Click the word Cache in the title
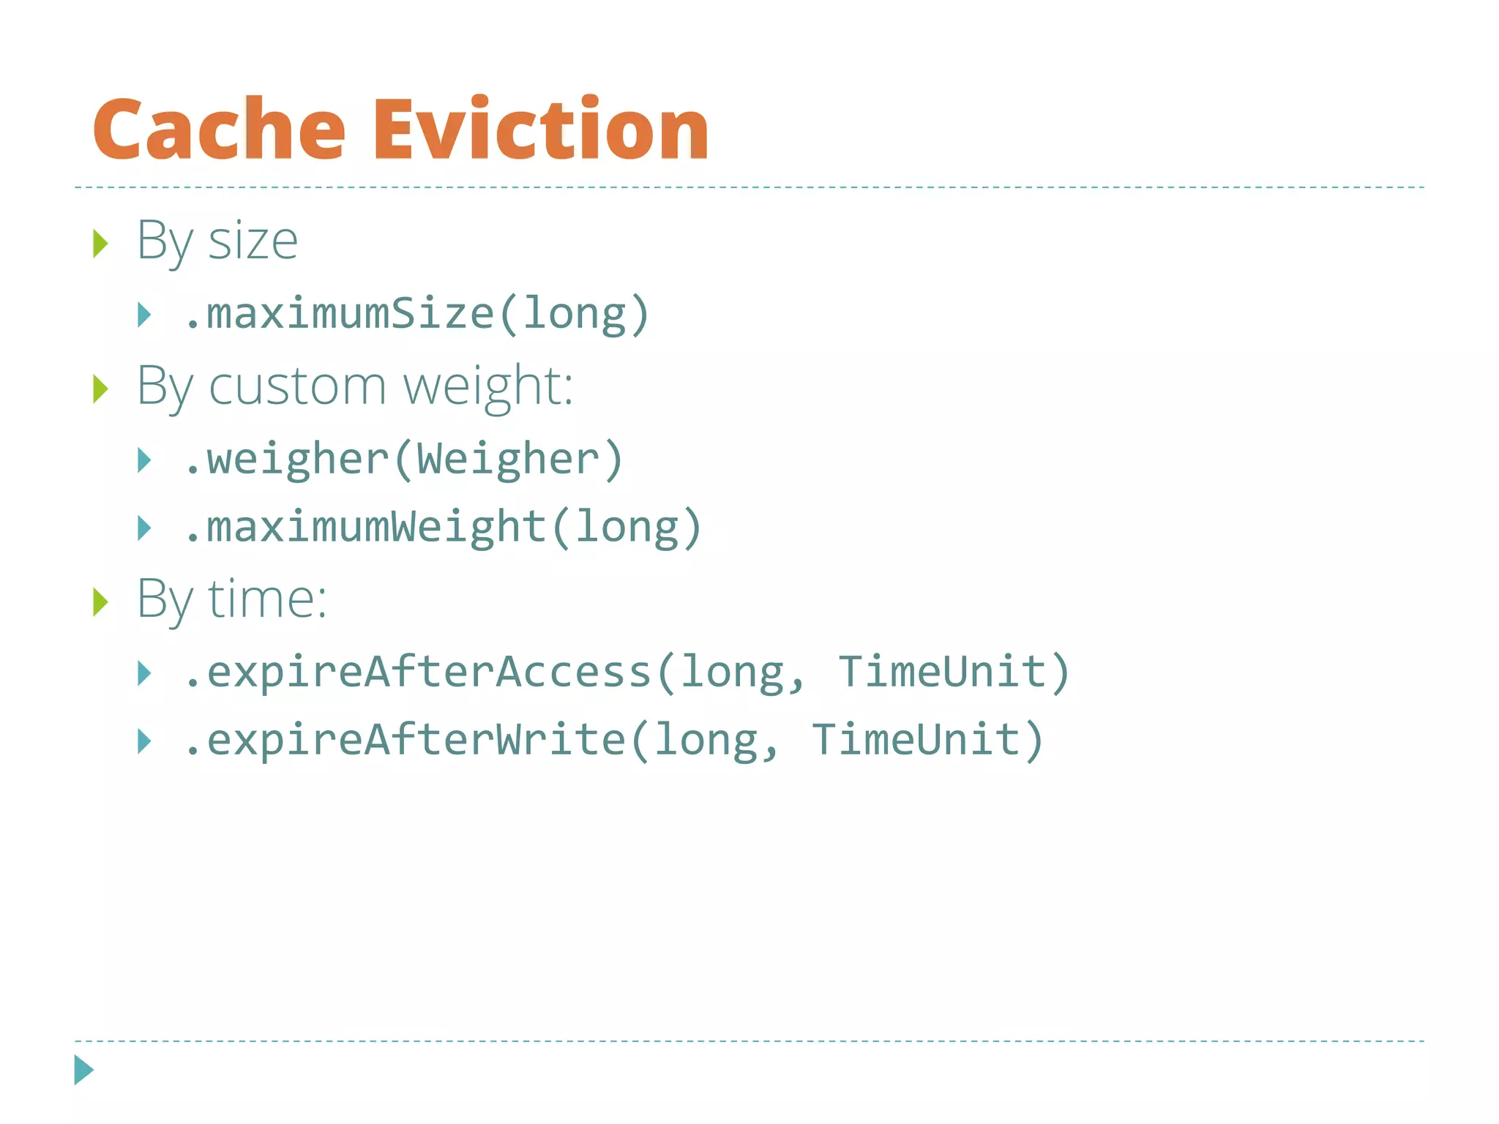point(218,130)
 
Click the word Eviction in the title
point(541,130)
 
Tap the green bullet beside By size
point(100,243)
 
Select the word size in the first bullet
point(253,241)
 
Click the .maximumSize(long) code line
point(416,314)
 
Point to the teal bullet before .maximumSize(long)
point(144,315)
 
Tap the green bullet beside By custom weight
point(100,389)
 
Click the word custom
point(297,386)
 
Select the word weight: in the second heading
point(488,387)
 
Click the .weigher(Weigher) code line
point(403,460)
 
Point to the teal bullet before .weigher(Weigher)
point(144,460)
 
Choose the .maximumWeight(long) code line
point(443,527)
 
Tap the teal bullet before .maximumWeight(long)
point(144,528)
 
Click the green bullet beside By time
point(100,602)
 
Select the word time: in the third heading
point(267,599)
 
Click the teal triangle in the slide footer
point(83,1070)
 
